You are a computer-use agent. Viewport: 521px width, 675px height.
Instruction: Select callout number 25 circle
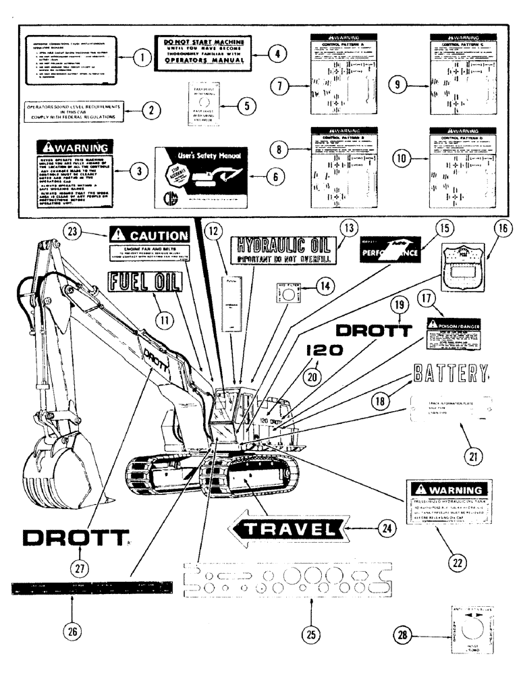pos(309,632)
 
